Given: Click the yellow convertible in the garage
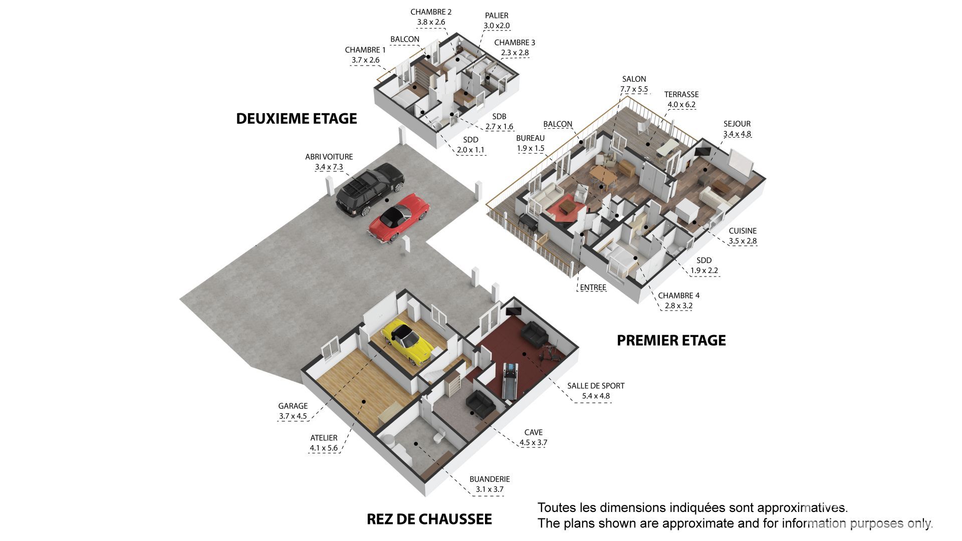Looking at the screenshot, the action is [x=406, y=342].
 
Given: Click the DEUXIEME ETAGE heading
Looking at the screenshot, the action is [x=297, y=119].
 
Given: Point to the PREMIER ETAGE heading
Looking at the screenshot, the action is [x=671, y=341].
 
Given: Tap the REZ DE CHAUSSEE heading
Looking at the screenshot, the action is [x=429, y=519].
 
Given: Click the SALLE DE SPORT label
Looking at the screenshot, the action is [x=596, y=386].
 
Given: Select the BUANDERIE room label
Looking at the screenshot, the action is [x=490, y=479].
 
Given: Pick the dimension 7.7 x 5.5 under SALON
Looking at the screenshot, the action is [x=634, y=89].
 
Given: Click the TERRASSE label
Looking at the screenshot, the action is [x=681, y=94].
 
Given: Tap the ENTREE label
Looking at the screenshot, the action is [x=593, y=288].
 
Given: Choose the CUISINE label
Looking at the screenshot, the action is [x=743, y=231].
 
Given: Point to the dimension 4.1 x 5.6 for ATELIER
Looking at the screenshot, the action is [x=324, y=448].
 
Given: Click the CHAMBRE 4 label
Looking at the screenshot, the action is [x=678, y=296].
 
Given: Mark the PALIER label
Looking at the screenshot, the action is [x=497, y=16].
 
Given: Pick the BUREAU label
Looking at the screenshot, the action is [x=530, y=138].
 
